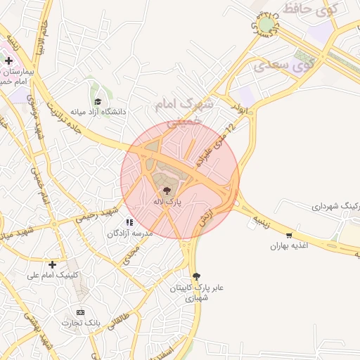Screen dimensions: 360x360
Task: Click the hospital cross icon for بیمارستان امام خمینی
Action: click(8, 61)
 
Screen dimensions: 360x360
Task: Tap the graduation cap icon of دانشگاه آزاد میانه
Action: click(97, 102)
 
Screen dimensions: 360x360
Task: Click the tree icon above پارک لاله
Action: click(167, 191)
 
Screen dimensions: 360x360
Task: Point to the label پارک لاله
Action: click(167, 201)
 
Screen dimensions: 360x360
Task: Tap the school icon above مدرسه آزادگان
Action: click(129, 222)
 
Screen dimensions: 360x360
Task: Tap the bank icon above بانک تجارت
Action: click(80, 311)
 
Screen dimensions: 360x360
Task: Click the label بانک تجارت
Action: click(80, 323)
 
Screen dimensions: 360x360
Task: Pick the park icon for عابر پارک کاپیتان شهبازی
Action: click(196, 276)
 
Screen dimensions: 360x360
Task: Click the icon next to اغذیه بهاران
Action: click(289, 236)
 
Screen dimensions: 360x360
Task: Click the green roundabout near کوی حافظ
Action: click(266, 25)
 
